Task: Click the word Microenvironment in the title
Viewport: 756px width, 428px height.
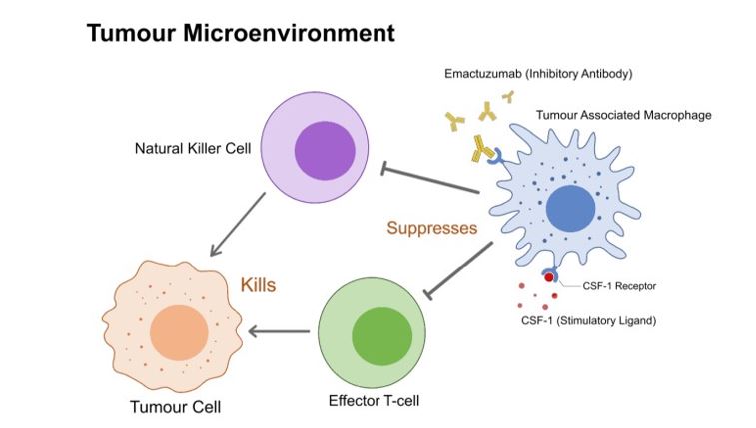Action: coord(289,33)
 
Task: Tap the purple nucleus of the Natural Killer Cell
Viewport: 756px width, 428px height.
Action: coord(325,151)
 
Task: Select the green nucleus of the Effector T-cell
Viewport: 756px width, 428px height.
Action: coord(381,336)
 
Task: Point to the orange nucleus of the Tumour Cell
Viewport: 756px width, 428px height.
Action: coord(179,332)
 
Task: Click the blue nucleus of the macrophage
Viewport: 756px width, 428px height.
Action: coord(571,209)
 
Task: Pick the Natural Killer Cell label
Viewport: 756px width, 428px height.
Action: coord(193,148)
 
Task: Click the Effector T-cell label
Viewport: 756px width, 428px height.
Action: coord(374,400)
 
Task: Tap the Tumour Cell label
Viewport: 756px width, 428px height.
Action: coord(175,407)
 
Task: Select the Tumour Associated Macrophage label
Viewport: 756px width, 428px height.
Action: coord(624,115)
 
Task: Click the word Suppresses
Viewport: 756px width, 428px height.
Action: coord(432,228)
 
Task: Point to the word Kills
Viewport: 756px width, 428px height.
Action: coord(258,285)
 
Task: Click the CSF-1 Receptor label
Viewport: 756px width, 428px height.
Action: coord(619,286)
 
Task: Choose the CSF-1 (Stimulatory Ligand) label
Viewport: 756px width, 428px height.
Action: coord(588,320)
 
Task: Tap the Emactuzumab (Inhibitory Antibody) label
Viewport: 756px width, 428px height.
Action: coord(538,74)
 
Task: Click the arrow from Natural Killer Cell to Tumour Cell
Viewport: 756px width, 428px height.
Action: coord(238,224)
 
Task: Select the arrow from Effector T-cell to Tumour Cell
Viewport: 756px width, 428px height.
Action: coord(279,331)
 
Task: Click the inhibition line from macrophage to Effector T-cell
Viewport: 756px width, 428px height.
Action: coord(458,271)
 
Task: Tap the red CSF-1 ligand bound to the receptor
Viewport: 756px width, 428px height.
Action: coord(548,277)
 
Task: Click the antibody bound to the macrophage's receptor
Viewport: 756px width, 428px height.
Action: coord(481,149)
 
